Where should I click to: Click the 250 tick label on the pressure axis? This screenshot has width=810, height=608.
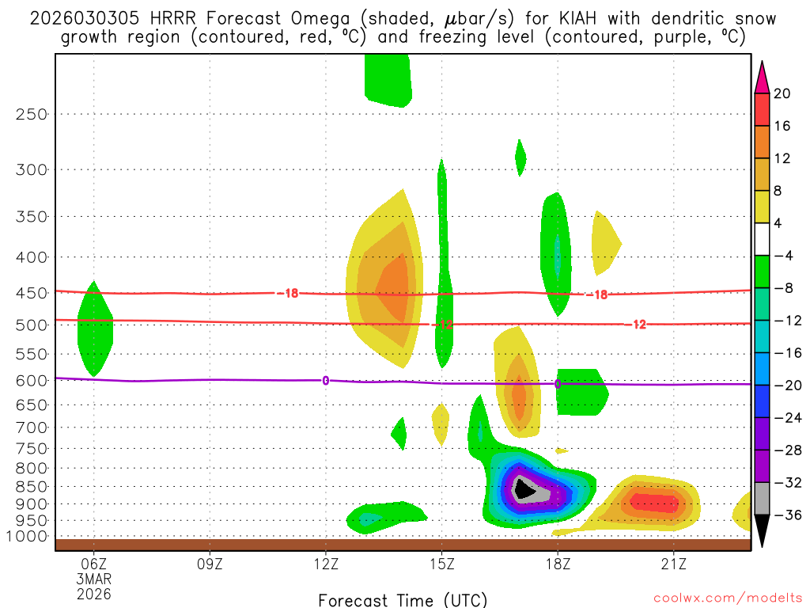point(32,114)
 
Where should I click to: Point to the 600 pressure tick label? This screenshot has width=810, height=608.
point(32,380)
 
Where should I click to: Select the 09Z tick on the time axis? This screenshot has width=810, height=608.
point(210,564)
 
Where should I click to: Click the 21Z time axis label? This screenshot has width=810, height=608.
point(673,564)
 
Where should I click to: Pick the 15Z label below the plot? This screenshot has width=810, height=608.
point(441,564)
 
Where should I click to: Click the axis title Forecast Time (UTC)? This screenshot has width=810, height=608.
point(403,599)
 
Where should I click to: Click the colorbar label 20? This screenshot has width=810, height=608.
point(782,93)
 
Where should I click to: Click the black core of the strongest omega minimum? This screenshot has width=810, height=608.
point(523,488)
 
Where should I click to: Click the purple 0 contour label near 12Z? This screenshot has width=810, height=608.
point(325,381)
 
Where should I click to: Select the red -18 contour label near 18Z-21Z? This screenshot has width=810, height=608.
point(596,294)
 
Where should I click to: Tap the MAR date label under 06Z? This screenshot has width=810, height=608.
point(94,579)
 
